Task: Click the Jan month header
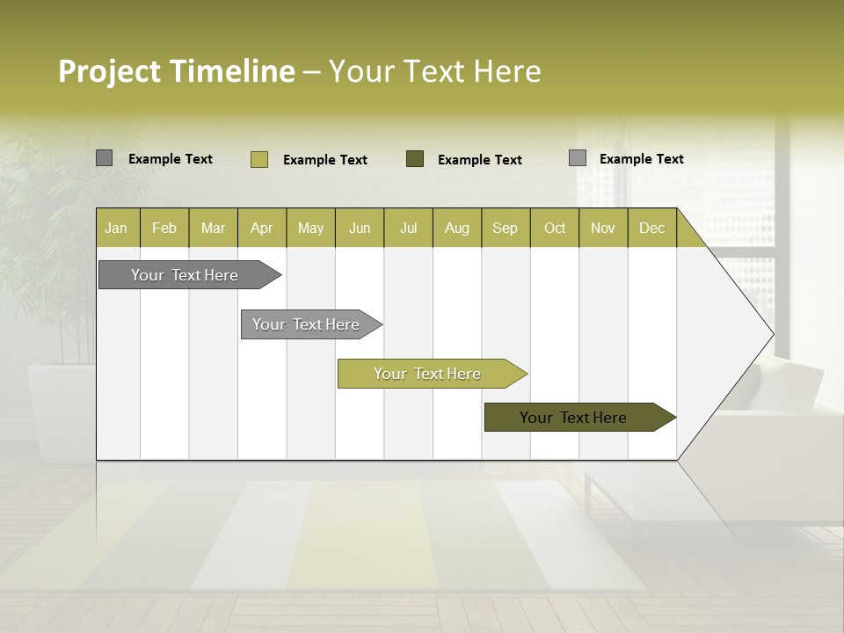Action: pos(117,228)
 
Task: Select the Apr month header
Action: pos(261,228)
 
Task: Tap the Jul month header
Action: pos(408,228)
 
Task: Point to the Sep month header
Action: pos(505,228)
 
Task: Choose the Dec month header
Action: pos(651,228)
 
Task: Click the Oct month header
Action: pos(554,228)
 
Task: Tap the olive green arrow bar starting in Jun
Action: pos(428,374)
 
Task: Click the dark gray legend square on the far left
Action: pos(104,158)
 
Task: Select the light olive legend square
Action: pos(258,159)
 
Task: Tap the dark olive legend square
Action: pos(415,158)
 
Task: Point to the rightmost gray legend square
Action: pos(578,158)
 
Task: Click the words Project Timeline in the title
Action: pos(176,71)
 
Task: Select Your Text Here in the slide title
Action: pos(434,71)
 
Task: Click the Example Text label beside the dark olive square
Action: pos(480,160)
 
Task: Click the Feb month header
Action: pos(164,228)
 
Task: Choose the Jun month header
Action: pos(360,228)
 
